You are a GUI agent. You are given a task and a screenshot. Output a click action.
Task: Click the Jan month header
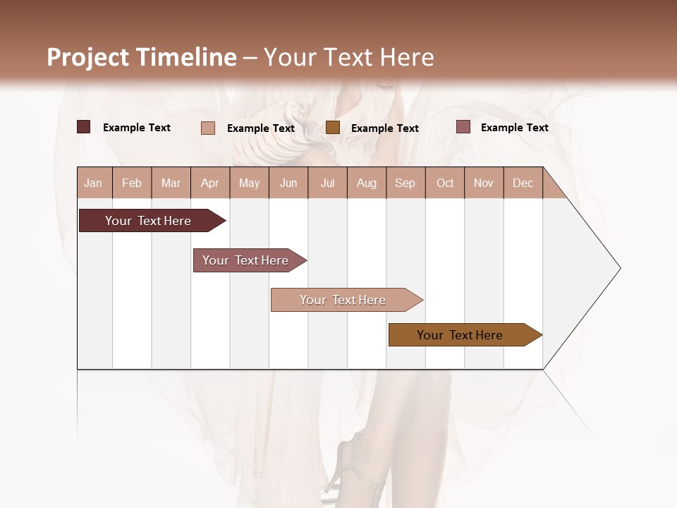(94, 183)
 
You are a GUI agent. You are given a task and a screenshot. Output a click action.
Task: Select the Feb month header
(132, 183)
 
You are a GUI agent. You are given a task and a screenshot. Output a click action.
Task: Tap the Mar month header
(171, 183)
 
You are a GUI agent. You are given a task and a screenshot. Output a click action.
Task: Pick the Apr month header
(210, 183)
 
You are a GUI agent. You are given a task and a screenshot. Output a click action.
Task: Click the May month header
(249, 183)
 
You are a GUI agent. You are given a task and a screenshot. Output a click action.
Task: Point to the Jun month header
(288, 183)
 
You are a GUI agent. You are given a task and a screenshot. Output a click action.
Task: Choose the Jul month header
(327, 183)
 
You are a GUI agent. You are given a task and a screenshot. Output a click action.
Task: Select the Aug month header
(367, 183)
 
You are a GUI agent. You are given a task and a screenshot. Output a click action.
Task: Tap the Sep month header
(405, 183)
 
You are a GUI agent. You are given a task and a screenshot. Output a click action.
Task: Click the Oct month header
(445, 183)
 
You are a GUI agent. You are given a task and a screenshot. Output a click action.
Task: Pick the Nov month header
(484, 183)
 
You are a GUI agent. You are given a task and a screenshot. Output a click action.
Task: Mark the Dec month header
(523, 183)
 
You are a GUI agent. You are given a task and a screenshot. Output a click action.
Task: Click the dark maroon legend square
(84, 127)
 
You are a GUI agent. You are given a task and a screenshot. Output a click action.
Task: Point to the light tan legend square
(208, 128)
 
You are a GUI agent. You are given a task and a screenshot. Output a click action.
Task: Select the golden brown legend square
(333, 128)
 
